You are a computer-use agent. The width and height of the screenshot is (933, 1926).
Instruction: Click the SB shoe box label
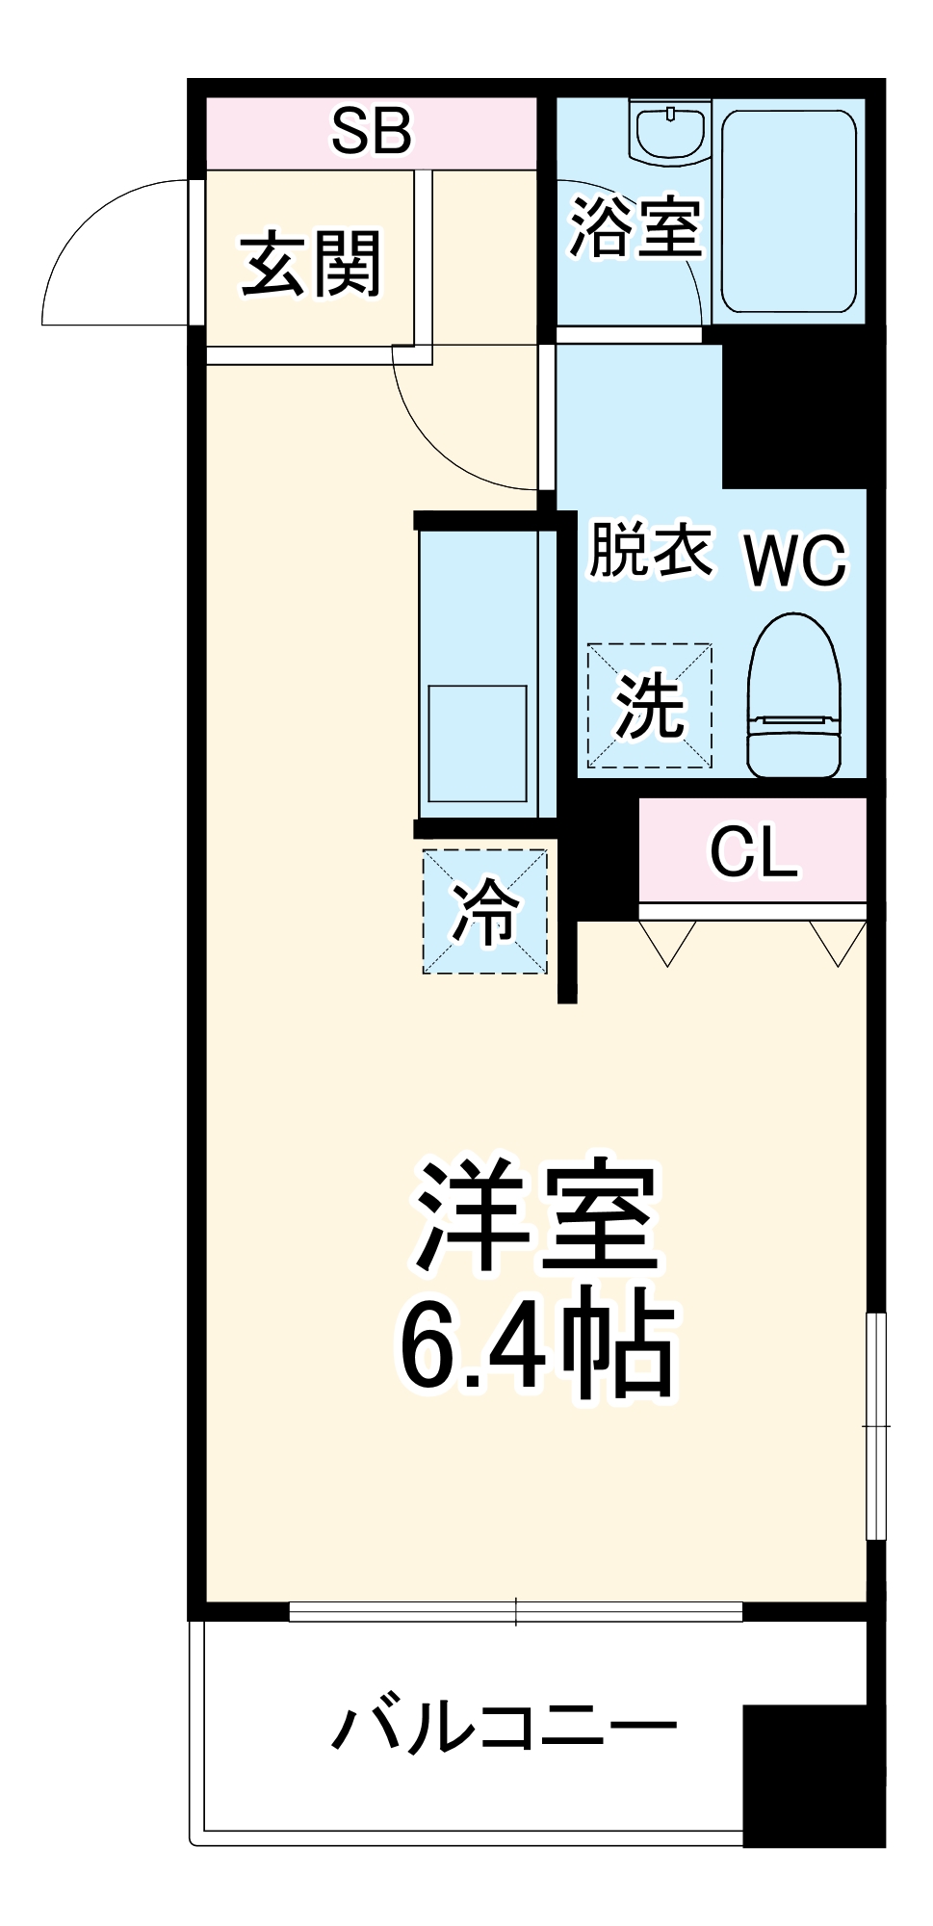[372, 132]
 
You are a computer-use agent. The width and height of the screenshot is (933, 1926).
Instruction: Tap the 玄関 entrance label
[311, 263]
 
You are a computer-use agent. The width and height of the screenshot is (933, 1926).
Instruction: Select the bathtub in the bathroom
[789, 212]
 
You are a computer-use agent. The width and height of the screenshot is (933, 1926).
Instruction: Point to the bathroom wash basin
[670, 131]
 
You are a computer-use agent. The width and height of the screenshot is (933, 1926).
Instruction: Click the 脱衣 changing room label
[651, 551]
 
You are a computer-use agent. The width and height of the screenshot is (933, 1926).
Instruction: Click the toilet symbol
[794, 695]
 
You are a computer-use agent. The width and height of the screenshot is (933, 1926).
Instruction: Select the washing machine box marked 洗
[650, 706]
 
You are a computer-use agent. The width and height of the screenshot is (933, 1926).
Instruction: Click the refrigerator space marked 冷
[485, 911]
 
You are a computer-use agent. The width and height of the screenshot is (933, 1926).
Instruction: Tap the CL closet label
[753, 851]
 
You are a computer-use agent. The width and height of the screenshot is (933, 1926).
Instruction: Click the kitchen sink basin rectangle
[478, 743]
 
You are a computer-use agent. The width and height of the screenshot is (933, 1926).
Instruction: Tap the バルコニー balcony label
[504, 1728]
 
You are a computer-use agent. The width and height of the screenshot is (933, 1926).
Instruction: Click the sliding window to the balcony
[516, 1611]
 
